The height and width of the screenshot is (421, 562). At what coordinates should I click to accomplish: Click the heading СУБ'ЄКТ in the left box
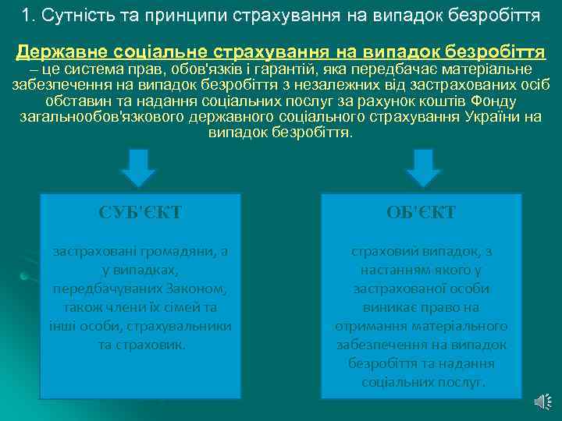point(140,213)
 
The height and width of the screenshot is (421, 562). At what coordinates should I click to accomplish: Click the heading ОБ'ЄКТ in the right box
point(421,213)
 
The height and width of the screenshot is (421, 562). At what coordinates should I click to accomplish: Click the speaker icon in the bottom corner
point(542,401)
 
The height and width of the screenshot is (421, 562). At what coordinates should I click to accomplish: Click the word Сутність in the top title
point(71,14)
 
